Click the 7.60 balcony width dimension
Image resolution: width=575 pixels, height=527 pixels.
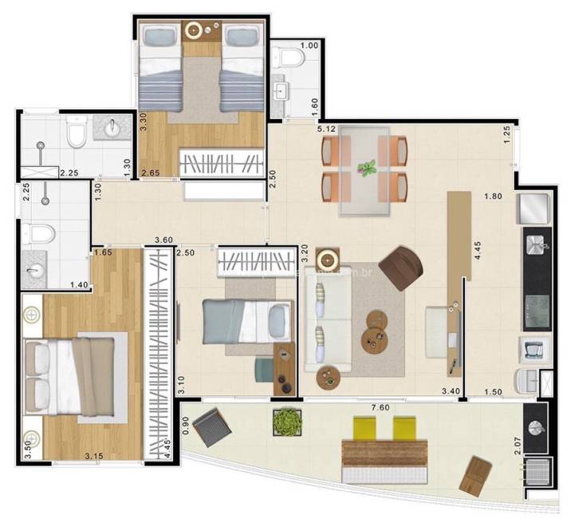pos(380,408)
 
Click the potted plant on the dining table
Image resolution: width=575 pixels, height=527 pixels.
pos(367,168)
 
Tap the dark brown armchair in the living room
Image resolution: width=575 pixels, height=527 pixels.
pos(401,267)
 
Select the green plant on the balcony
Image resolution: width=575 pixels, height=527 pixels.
pos(286,421)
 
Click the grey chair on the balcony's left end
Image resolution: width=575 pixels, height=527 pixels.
pos(210,428)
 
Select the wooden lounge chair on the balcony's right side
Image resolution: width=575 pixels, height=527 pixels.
pos(477,477)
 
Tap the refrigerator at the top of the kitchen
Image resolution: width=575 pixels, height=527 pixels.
pos(532,209)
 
